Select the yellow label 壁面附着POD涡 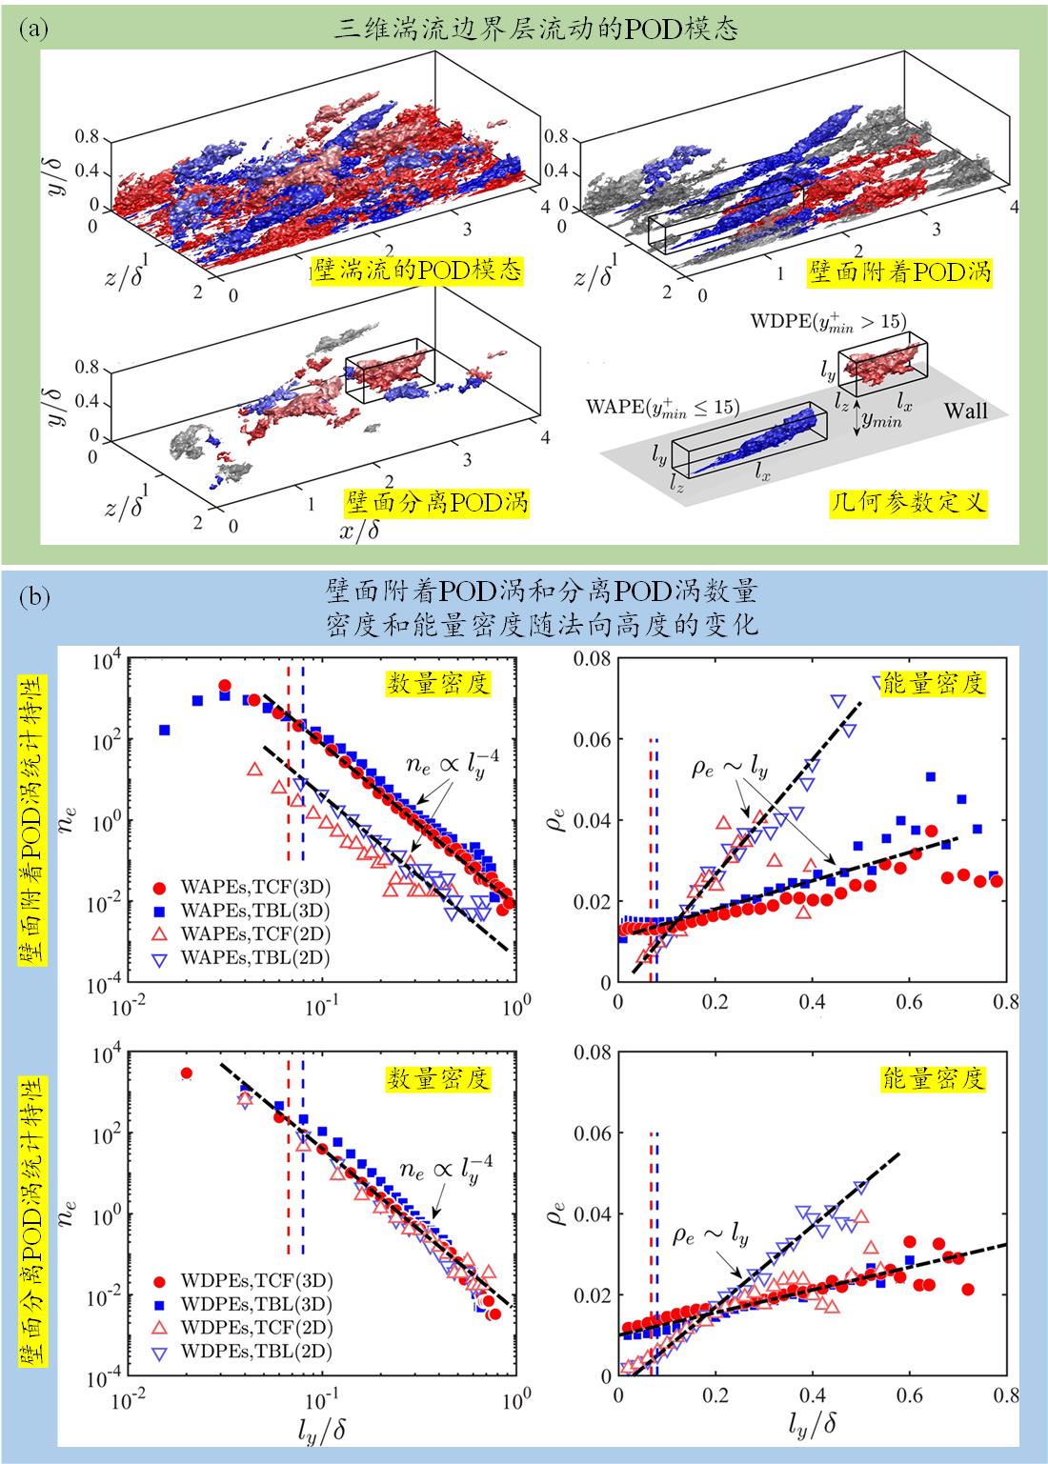[x=899, y=272]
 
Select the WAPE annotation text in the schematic [x=663, y=408]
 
